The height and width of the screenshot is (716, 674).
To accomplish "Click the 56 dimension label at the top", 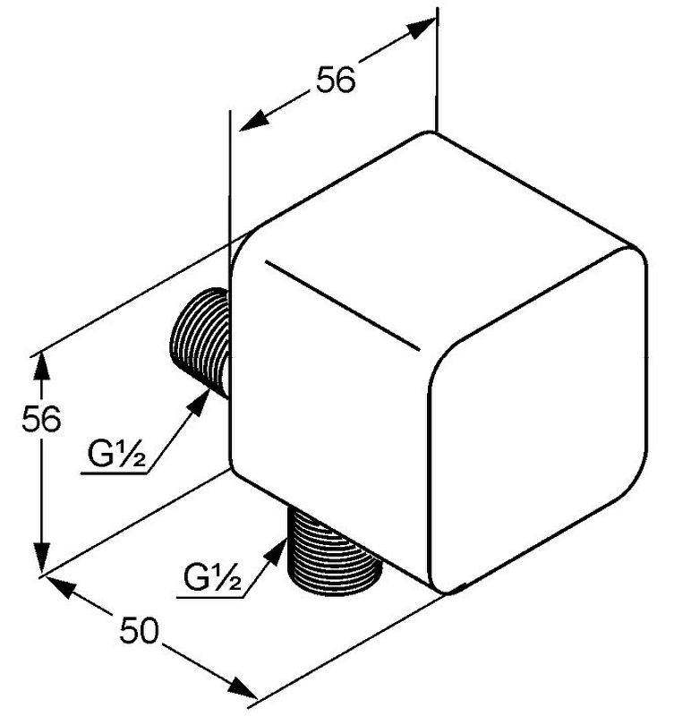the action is (x=336, y=81).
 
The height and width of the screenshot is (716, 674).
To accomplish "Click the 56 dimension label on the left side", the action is (x=41, y=419).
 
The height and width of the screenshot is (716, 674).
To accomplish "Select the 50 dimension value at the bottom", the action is (x=139, y=630).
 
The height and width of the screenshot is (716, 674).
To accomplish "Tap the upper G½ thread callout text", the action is (x=116, y=455).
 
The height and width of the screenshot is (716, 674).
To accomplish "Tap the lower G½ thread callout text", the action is (x=212, y=576).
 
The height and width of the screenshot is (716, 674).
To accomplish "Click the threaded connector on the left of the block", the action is (x=199, y=342).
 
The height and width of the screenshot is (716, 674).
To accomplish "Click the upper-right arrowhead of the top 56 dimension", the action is (x=421, y=29).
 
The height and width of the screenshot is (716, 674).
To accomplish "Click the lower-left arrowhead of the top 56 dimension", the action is (x=253, y=121).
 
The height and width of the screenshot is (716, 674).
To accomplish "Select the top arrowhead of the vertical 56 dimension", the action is (x=42, y=365).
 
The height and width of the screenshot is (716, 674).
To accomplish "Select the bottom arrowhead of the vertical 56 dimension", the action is (x=42, y=556).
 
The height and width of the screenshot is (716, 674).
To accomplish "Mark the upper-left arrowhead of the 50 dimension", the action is (x=59, y=586).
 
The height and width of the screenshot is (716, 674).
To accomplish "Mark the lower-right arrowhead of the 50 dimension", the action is (x=243, y=688).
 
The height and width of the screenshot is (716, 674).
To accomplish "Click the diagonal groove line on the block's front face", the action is (x=343, y=306).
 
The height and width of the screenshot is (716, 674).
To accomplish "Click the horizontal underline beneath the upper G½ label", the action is (x=115, y=473).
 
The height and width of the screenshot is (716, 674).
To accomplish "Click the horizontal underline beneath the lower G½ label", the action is (x=210, y=597).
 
